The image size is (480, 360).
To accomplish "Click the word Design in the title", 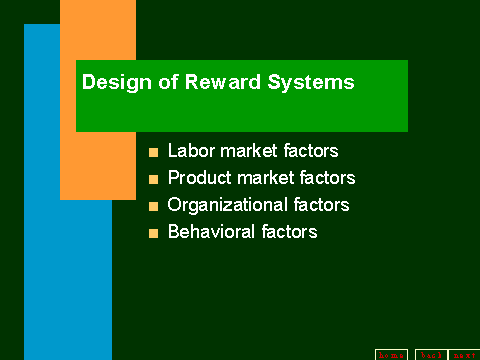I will tap(112, 83).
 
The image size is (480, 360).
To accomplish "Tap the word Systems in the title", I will tap(305, 83).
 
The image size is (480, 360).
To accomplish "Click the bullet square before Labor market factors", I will tap(153, 153).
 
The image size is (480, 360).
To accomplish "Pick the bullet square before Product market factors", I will tap(153, 180).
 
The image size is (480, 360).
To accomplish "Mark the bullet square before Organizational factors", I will tap(153, 207).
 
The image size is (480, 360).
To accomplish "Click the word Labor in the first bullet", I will tap(189, 152).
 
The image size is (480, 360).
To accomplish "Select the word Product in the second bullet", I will tap(197, 179).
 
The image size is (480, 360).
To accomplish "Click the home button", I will tap(391, 354).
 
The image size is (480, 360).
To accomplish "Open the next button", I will tap(464, 354).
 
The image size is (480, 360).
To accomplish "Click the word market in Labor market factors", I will tap(246, 152).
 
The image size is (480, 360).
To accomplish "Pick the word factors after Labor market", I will tap(309, 152).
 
